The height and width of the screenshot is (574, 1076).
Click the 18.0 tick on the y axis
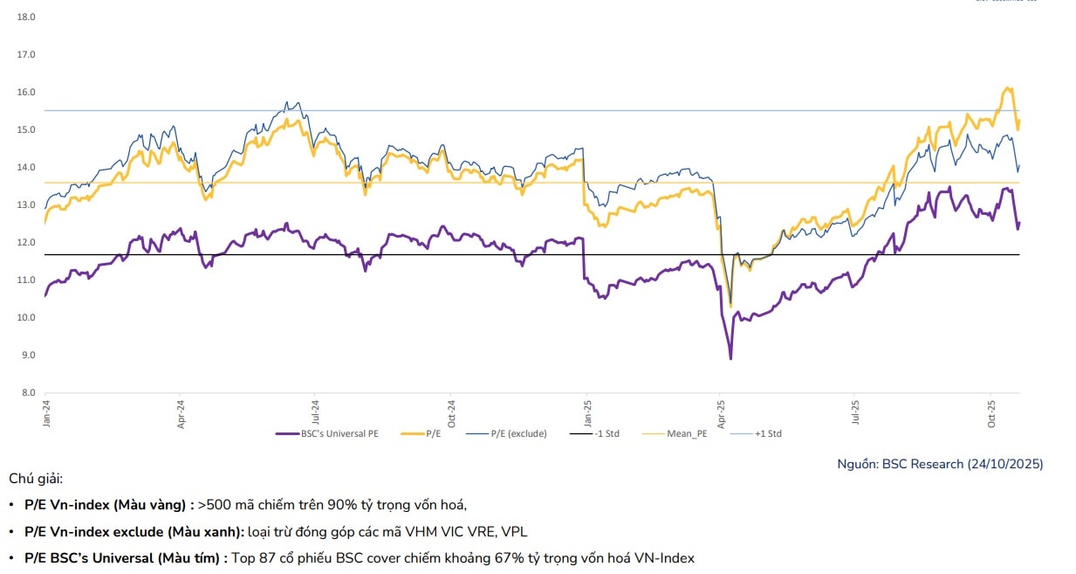point(26,17)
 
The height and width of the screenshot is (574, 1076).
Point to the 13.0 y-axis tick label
point(26,204)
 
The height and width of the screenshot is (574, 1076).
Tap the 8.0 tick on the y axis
point(26,392)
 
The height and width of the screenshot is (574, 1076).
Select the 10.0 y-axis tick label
point(26,317)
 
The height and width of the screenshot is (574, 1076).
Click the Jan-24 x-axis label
point(46,412)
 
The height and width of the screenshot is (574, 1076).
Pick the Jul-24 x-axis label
point(315,412)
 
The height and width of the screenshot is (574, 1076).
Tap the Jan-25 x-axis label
point(585,412)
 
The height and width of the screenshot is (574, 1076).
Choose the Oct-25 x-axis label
point(990,412)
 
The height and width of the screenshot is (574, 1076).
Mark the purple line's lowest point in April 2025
point(730,358)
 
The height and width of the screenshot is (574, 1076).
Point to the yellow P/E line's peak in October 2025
point(1008,87)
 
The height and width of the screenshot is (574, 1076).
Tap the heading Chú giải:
point(36,479)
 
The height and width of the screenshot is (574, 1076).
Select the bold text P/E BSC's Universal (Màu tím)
point(126,557)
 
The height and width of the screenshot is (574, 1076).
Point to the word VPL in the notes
point(513,531)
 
